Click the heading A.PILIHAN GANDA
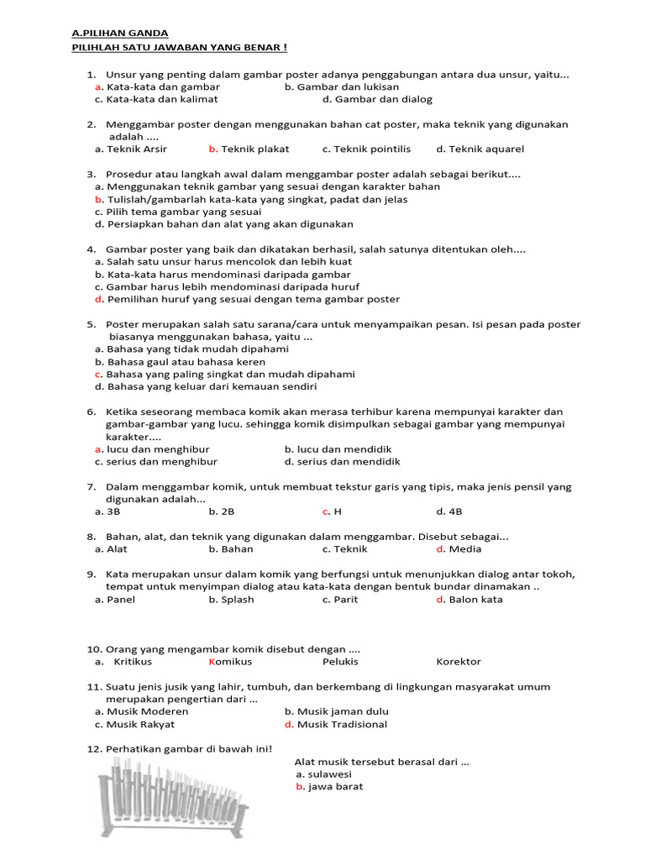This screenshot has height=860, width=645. click(x=120, y=33)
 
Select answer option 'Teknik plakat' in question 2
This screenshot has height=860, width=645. click(x=254, y=149)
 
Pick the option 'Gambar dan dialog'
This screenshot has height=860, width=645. click(x=377, y=99)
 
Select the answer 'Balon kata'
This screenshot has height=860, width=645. click(x=475, y=600)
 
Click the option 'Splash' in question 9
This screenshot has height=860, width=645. click(x=237, y=600)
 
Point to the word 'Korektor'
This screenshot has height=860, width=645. click(x=459, y=662)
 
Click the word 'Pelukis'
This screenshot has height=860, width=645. click(x=340, y=662)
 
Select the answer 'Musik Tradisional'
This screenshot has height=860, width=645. click(x=342, y=724)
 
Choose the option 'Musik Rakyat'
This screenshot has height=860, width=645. click(x=140, y=724)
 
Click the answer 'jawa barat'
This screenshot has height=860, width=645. click(x=335, y=787)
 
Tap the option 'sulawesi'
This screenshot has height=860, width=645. click(x=329, y=774)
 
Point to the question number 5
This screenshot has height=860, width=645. click(x=91, y=324)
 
